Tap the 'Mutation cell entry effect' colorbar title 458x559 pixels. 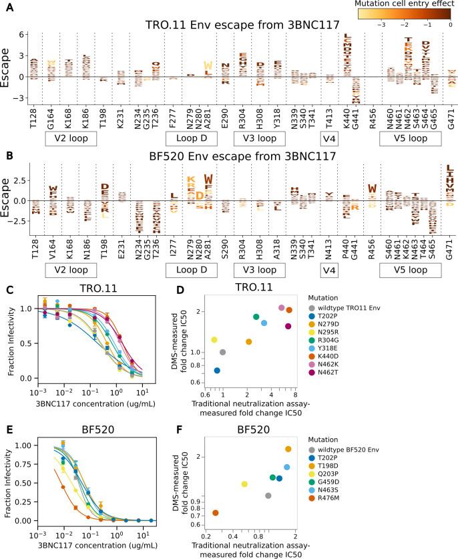tap(399, 3)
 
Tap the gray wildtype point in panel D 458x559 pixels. tap(222, 352)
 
